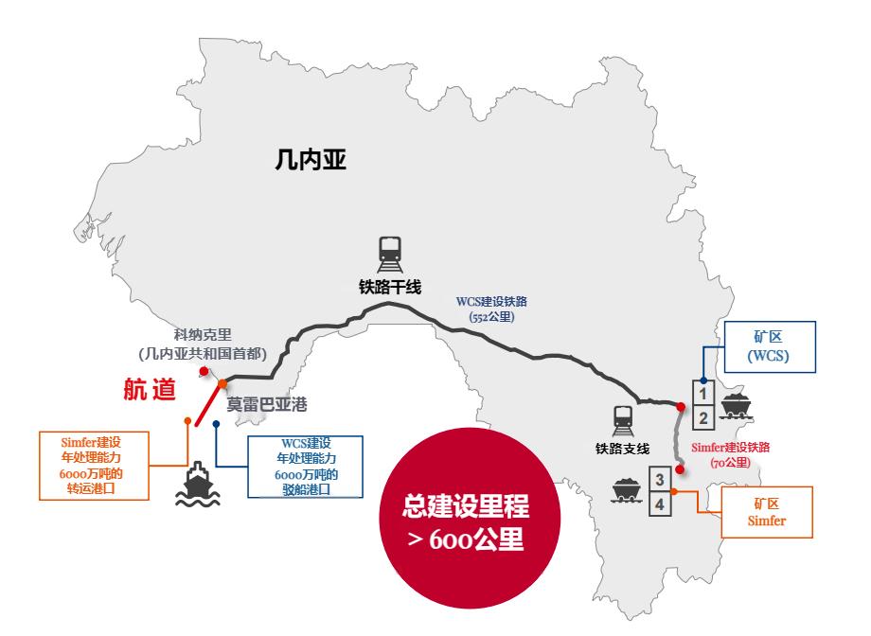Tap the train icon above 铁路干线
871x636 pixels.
click(389, 253)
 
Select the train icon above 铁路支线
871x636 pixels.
click(623, 416)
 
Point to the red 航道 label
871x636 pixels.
click(150, 390)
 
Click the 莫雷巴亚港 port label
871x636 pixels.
click(267, 403)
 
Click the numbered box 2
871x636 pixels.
click(703, 417)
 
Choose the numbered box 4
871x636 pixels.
click(661, 505)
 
